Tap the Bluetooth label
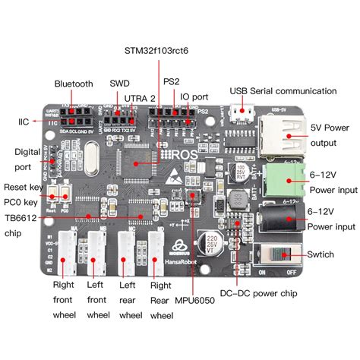coord(73,84)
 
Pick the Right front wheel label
coord(64,300)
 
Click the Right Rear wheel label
coord(160,300)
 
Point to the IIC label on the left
coord(22,121)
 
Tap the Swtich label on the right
coord(326,256)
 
